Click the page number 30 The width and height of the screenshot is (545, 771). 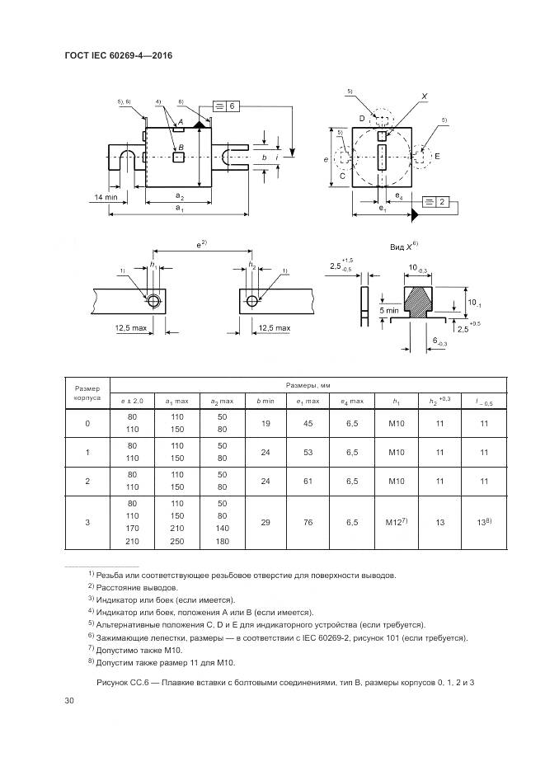pos(68,702)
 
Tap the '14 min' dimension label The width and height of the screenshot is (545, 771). pos(105,197)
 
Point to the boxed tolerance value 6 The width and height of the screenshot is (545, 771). pos(233,106)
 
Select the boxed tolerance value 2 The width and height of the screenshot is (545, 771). pos(442,202)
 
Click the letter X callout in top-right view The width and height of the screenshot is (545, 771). pos(424,96)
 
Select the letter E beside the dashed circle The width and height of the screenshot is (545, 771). pos(437,156)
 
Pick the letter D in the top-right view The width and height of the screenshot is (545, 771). pos(362,120)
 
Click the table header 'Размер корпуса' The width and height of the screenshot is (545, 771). pos(87,392)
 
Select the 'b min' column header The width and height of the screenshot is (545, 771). pos(265,401)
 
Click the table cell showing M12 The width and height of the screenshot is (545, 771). pos(394,522)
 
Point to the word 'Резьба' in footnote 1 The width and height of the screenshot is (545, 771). pos(112,575)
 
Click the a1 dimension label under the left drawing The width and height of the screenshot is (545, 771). pos(179,209)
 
